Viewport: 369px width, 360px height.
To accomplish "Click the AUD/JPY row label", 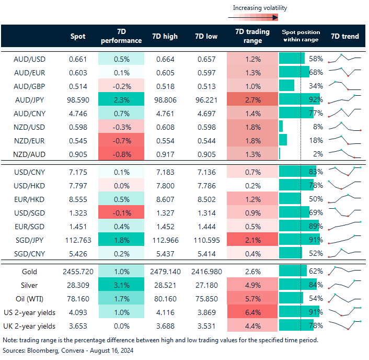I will click(29, 99).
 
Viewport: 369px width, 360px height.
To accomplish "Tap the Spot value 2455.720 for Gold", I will click(78, 272).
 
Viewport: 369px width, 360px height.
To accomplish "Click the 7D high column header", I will click(165, 37).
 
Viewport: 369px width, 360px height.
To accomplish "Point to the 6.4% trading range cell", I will click(253, 312).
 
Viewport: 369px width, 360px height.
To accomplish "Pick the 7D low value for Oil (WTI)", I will click(207, 299).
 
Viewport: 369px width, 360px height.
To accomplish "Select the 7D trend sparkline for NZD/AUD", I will click(345, 153).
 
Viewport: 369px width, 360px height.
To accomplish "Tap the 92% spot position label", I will click(316, 99).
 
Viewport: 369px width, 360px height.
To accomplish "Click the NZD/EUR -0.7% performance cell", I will click(121, 140).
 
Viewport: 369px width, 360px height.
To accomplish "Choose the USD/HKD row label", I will click(29, 185).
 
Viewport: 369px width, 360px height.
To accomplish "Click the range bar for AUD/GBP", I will click(287, 85).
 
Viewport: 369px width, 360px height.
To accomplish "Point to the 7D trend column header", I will click(345, 37).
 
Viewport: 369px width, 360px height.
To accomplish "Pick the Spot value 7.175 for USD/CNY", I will click(78, 172).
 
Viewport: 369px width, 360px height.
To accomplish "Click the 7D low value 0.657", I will click(207, 59).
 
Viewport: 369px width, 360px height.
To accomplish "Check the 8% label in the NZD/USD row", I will click(318, 126).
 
